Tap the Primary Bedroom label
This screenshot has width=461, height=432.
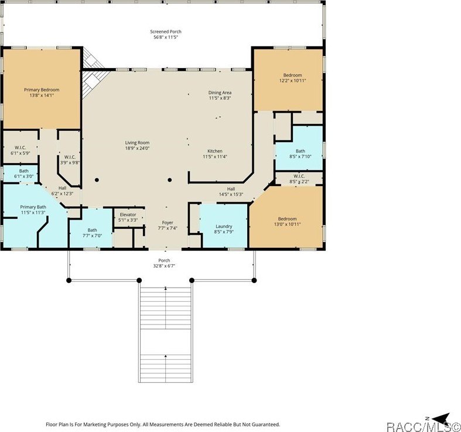pos(42,93)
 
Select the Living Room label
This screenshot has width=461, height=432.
pos(137,146)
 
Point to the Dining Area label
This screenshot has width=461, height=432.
pos(220,96)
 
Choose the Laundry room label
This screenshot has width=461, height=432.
pos(224,229)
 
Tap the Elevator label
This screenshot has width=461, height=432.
pos(128,217)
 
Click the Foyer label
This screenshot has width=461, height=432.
pos(167,225)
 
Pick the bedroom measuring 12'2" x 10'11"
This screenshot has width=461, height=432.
pos(292,78)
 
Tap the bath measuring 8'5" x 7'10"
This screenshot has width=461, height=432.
pos(300,154)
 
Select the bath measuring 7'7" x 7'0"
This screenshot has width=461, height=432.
pos(92,233)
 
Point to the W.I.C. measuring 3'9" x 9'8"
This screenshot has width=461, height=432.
pos(69,160)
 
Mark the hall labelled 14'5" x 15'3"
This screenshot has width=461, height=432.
pos(231,191)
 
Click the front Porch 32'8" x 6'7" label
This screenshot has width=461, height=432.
pos(164,263)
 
